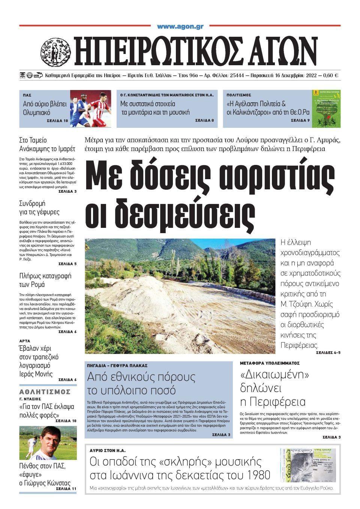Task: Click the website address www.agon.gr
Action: (x=180, y=27)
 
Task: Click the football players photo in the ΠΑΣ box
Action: (x=90, y=108)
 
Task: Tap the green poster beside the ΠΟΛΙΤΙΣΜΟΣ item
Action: (x=326, y=108)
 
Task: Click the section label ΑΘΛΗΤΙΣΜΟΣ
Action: (x=45, y=392)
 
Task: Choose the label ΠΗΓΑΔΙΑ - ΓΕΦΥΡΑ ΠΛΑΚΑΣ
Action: (x=117, y=365)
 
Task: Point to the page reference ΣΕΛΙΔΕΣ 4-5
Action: (x=328, y=353)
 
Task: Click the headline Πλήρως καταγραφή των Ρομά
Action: (x=45, y=280)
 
